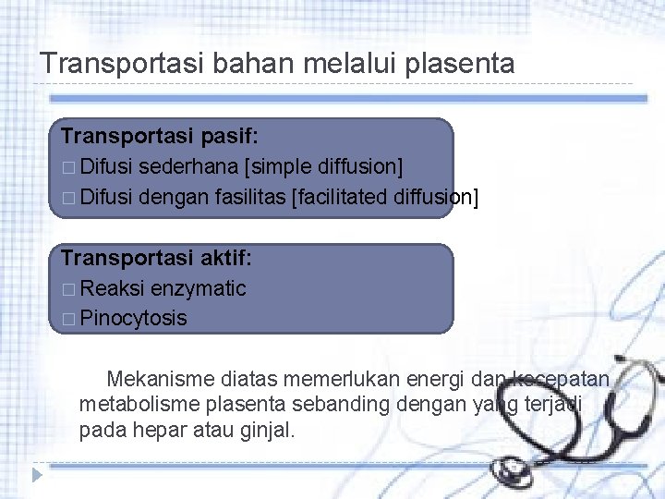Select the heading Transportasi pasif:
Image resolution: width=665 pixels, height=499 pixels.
click(160, 136)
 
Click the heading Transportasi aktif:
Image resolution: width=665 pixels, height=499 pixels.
click(157, 259)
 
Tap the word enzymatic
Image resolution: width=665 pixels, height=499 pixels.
click(199, 288)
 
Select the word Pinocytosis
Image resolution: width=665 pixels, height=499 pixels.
click(133, 318)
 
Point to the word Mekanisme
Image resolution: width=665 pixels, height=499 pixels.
click(160, 378)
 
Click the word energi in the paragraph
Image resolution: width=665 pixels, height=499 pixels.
click(431, 378)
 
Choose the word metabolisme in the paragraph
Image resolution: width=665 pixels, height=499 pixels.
click(137, 404)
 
